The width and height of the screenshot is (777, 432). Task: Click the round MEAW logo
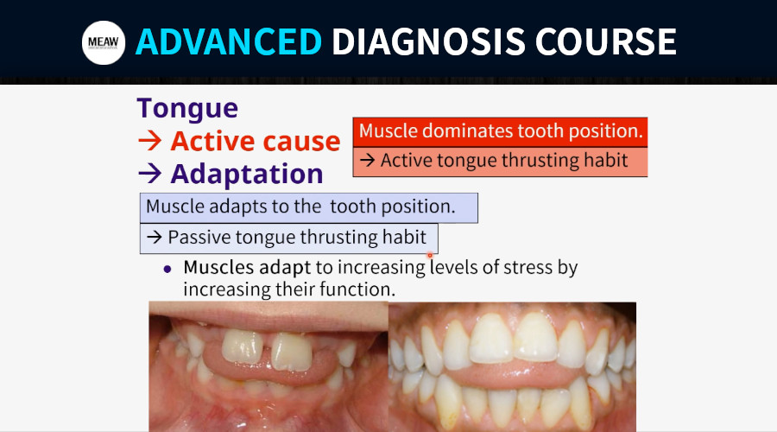pyautogui.click(x=104, y=42)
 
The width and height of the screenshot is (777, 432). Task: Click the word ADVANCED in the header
pyautogui.click(x=229, y=41)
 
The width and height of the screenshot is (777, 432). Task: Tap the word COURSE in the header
pyautogui.click(x=605, y=41)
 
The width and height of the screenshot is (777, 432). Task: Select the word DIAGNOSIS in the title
pyautogui.click(x=428, y=41)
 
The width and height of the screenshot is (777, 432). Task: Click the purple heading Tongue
pyautogui.click(x=187, y=109)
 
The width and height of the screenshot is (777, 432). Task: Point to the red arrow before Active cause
pyautogui.click(x=150, y=142)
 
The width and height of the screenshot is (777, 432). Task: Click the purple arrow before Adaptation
pyautogui.click(x=150, y=174)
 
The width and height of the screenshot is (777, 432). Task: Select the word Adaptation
pyautogui.click(x=247, y=174)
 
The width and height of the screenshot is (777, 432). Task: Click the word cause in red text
pyautogui.click(x=301, y=142)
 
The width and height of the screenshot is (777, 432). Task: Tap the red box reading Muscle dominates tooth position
pyautogui.click(x=500, y=132)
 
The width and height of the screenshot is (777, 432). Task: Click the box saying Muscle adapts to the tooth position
pyautogui.click(x=309, y=208)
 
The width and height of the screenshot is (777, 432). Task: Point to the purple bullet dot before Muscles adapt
pyautogui.click(x=167, y=269)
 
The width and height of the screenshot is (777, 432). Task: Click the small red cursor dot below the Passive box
pyautogui.click(x=430, y=256)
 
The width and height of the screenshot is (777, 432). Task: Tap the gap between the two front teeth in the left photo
pyautogui.click(x=267, y=350)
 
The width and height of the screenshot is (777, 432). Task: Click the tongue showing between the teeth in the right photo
pyautogui.click(x=513, y=374)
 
